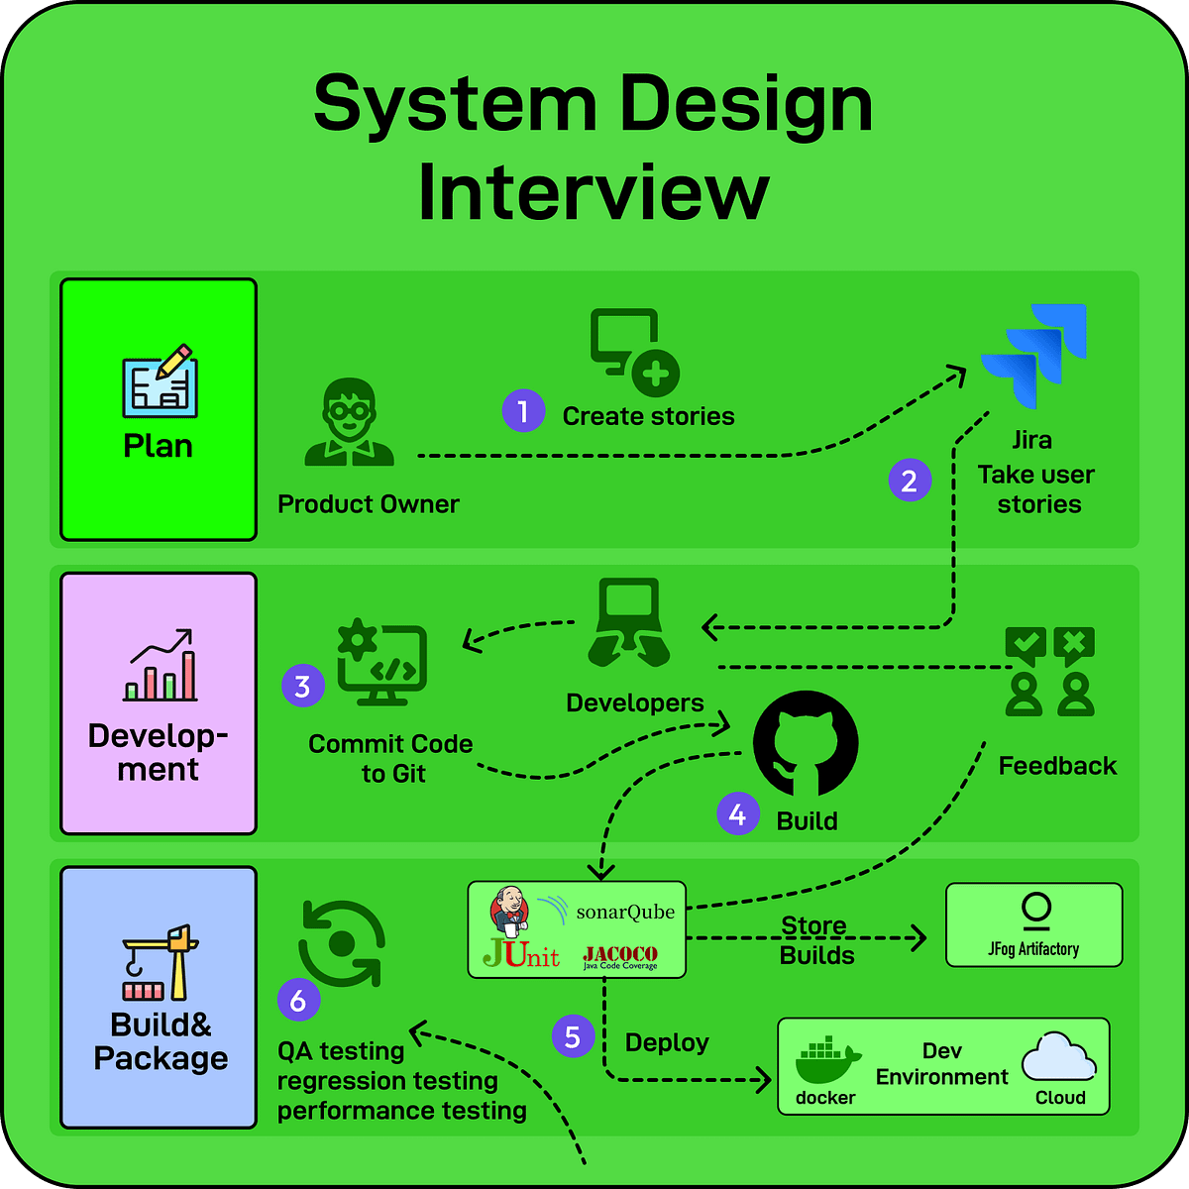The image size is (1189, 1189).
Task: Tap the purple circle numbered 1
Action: click(x=523, y=410)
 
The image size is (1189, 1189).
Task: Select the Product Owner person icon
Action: click(x=350, y=422)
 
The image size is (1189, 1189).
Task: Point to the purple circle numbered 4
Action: click(x=737, y=813)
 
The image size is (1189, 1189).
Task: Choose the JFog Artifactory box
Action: click(x=1034, y=924)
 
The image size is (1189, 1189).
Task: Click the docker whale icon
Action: click(x=828, y=1062)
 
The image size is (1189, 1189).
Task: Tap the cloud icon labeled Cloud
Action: click(x=1058, y=1058)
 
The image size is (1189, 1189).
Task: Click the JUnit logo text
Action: click(x=520, y=954)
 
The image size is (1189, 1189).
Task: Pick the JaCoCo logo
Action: click(x=620, y=957)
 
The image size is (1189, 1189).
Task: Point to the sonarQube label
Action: click(x=624, y=912)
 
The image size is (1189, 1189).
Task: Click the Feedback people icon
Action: click(x=1049, y=672)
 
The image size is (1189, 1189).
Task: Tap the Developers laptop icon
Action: click(x=629, y=622)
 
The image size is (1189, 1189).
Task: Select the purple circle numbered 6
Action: click(x=298, y=1001)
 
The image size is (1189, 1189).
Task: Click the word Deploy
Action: click(x=667, y=1042)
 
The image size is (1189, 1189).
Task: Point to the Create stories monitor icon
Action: click(x=634, y=352)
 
